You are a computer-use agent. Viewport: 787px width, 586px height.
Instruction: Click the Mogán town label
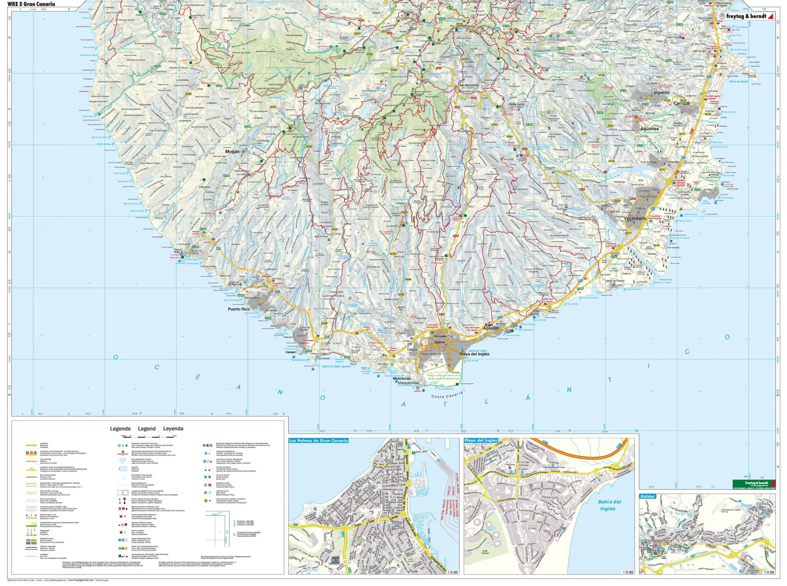232,151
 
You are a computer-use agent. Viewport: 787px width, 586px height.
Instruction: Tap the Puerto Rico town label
238,309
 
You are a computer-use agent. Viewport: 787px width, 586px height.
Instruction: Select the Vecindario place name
635,218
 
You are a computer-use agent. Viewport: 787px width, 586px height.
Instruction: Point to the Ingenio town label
661,93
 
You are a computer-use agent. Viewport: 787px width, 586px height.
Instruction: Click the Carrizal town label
681,103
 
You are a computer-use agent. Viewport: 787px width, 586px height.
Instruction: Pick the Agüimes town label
649,129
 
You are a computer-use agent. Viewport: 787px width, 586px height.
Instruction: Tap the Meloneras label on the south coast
401,378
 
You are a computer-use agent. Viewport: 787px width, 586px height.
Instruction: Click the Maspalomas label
408,383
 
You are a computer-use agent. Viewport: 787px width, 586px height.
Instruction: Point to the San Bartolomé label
469,85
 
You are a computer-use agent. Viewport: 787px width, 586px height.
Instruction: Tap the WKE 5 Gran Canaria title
31,4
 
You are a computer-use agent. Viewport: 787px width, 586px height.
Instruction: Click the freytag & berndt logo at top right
746,16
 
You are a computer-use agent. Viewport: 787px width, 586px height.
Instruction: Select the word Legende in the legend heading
120,428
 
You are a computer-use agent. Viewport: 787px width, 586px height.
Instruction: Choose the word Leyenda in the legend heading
173,428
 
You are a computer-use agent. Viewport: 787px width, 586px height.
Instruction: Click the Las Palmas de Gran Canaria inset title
318,441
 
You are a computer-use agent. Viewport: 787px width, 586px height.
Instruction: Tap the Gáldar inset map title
647,496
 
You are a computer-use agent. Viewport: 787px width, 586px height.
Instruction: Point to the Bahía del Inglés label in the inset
609,505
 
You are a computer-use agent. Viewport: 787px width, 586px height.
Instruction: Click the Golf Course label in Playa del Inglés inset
485,552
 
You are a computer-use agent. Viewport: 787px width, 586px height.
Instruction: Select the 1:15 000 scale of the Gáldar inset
769,572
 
